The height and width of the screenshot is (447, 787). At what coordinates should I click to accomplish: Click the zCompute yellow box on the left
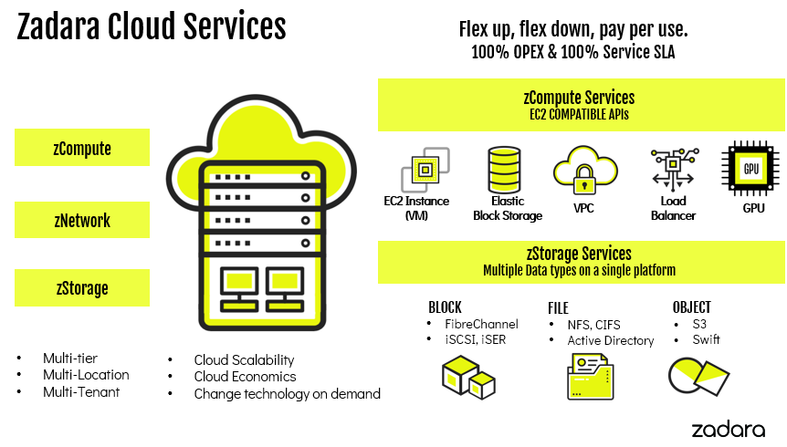[x=82, y=147]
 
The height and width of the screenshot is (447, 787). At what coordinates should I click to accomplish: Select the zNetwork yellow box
[x=82, y=220]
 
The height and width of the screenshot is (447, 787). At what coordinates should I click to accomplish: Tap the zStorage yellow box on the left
[x=82, y=288]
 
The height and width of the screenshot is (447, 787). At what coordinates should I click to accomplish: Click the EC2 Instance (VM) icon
[x=425, y=169]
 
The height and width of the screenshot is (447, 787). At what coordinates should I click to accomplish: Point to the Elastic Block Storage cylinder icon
[x=505, y=168]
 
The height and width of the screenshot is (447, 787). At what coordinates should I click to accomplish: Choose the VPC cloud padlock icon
[x=582, y=170]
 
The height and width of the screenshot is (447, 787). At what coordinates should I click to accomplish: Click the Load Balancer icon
[x=674, y=168]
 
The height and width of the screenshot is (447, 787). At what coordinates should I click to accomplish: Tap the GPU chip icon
[x=751, y=170]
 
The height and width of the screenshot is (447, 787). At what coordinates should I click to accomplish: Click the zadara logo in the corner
[x=727, y=428]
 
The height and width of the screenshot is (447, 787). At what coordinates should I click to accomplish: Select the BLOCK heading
[x=445, y=307]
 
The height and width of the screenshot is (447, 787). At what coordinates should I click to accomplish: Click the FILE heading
[x=558, y=307]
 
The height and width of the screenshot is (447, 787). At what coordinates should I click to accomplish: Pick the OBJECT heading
[x=691, y=307]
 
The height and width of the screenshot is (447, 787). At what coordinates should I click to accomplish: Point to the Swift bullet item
[x=706, y=339]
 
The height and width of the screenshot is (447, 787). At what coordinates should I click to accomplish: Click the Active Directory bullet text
[x=611, y=340]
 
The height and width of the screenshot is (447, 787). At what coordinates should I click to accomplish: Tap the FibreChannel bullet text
[x=481, y=324]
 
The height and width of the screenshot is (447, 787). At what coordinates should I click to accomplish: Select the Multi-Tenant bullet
[x=81, y=392]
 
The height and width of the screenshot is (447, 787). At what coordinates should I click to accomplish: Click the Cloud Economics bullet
[x=245, y=377]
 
